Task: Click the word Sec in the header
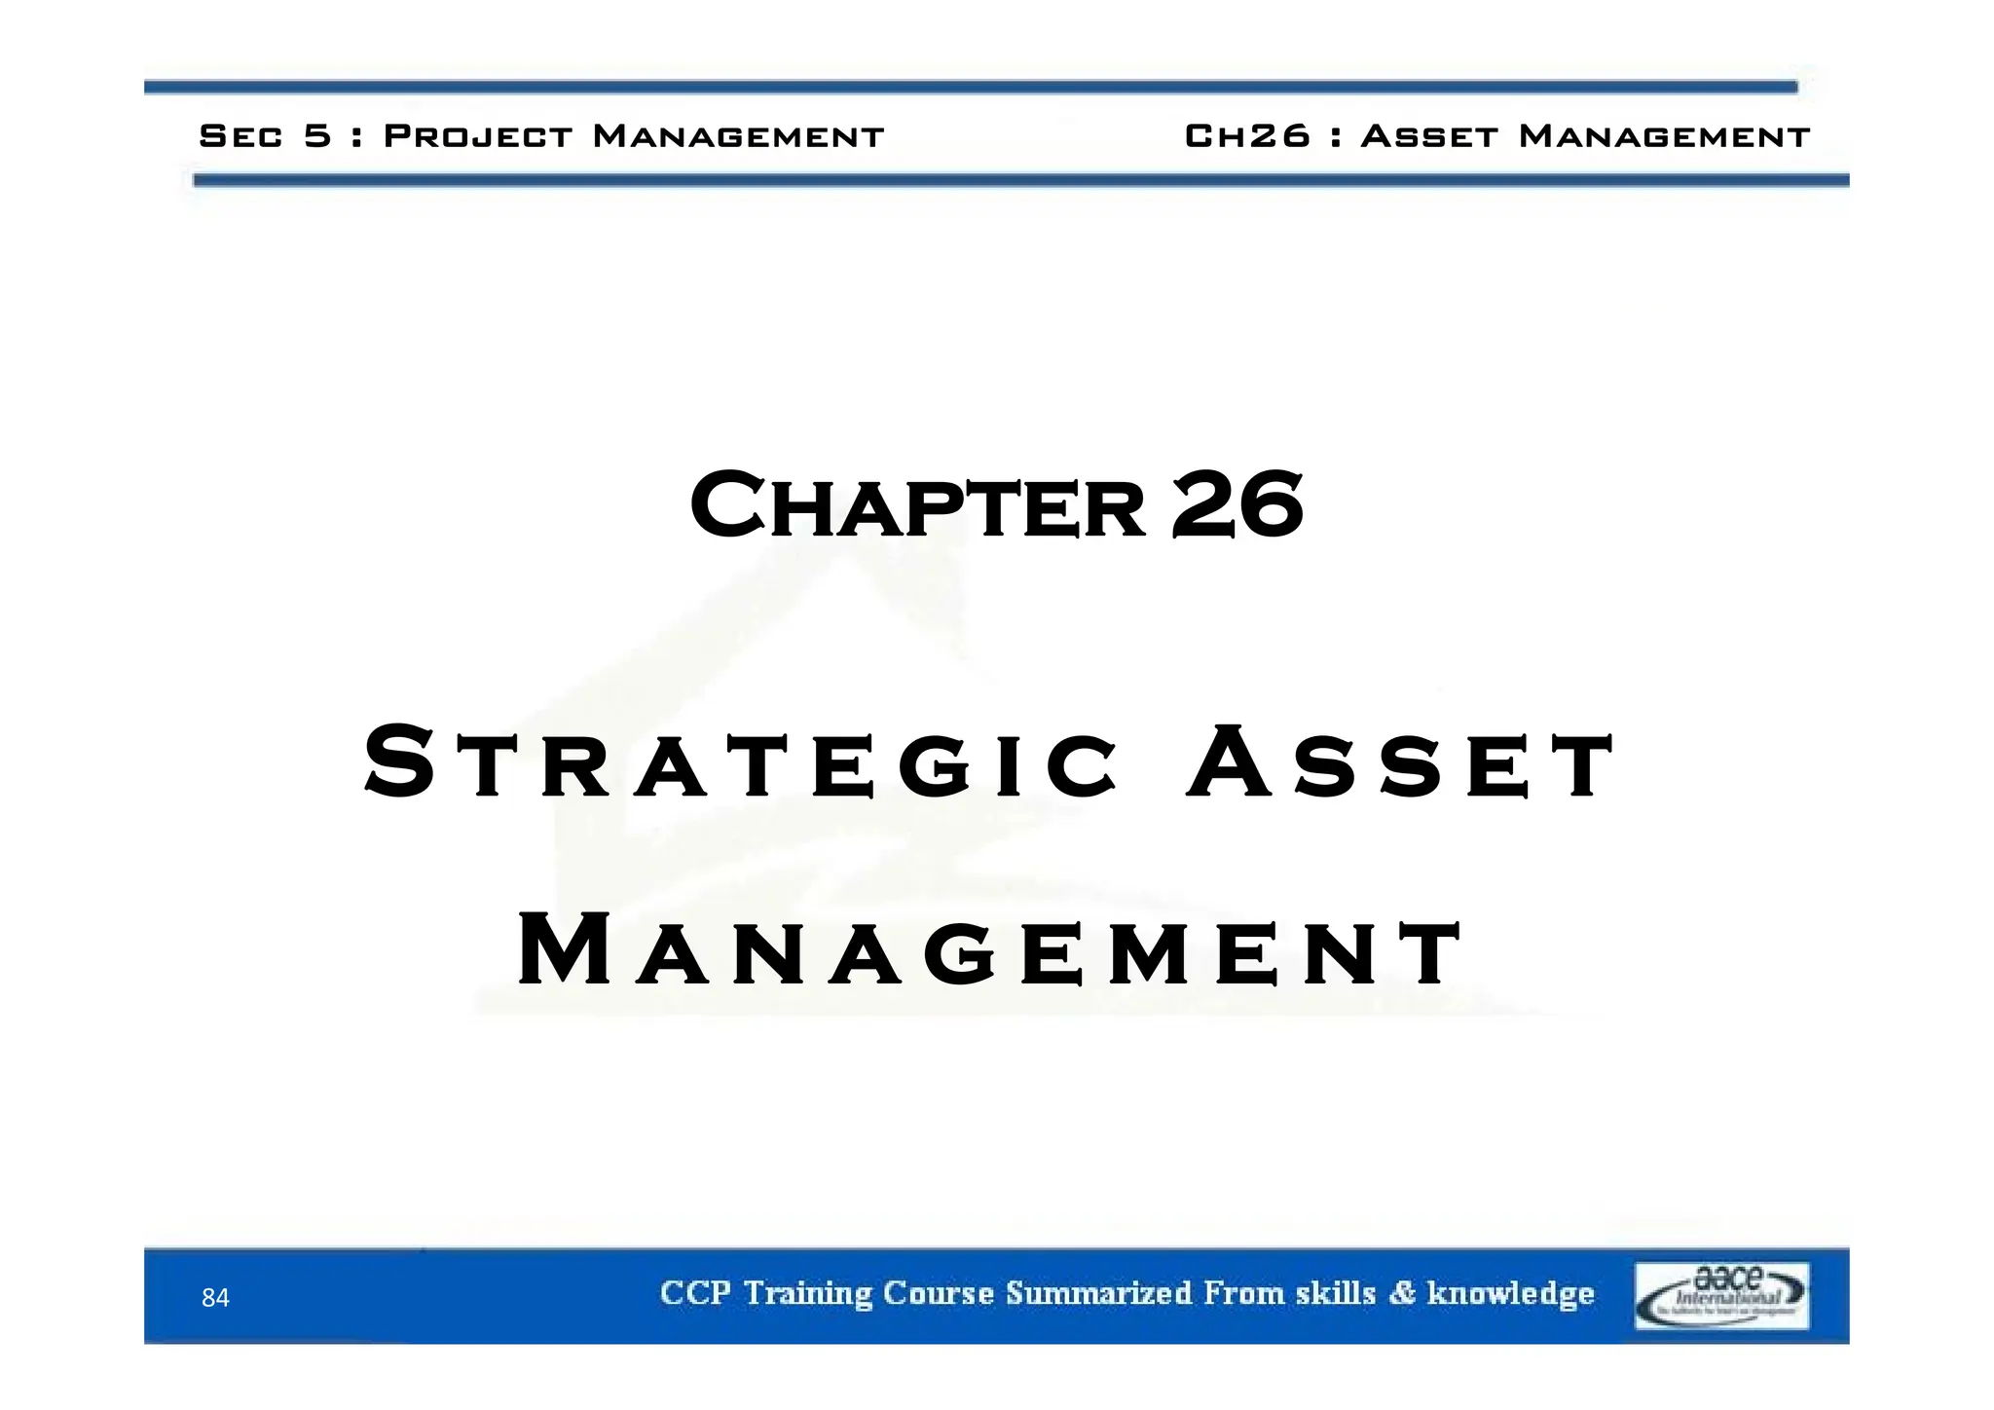[x=240, y=136]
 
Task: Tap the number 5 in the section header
[x=317, y=136]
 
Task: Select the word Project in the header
[x=478, y=136]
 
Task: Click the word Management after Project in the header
[x=738, y=136]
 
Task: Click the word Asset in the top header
[x=1428, y=136]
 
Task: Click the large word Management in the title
[x=989, y=952]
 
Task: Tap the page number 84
[x=215, y=1298]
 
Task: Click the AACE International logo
[x=1720, y=1296]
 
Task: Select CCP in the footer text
[x=695, y=1294]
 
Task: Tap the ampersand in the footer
[x=1402, y=1294]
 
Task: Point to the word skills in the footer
[x=1336, y=1294]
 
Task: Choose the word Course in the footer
[x=939, y=1294]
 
